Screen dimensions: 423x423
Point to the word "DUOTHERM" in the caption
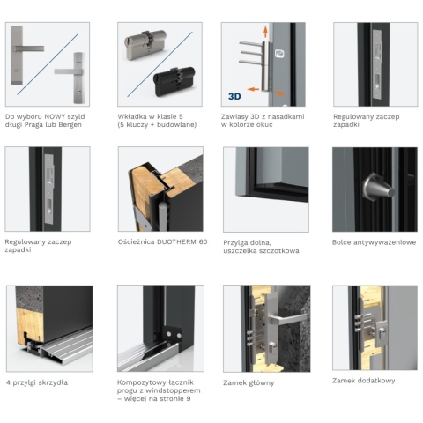[x=174, y=241]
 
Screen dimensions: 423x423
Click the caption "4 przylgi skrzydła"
[x=36, y=382]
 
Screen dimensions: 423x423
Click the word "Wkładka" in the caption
[x=131, y=115]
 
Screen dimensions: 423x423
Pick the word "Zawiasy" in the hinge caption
[x=235, y=115]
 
